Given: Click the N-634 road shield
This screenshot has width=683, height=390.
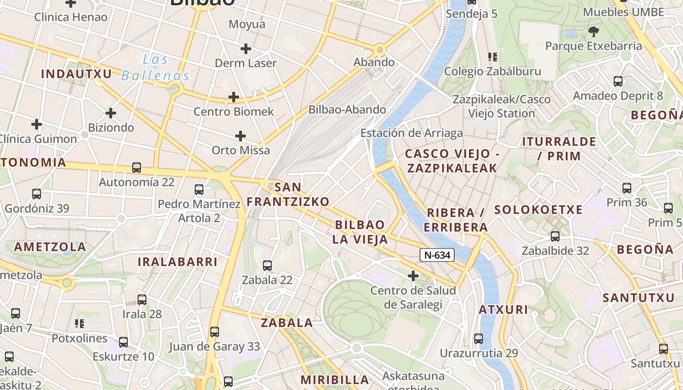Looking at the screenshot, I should (437, 254).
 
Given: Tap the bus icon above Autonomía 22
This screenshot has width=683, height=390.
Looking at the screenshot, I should (137, 168).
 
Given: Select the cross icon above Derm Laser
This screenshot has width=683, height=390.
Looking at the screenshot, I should (246, 48).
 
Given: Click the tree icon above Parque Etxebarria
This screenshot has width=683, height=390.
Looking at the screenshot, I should (594, 32).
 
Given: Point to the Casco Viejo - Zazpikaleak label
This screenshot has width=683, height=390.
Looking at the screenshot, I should (451, 161).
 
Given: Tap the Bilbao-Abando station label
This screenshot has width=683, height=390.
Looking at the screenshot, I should (347, 110).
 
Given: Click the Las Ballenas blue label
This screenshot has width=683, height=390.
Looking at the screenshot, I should (155, 68).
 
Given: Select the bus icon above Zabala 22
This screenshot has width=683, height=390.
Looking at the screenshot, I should (267, 266).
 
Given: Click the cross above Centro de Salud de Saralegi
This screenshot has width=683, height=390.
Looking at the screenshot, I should (413, 276).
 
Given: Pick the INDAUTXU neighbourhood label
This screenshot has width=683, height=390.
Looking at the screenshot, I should (77, 74).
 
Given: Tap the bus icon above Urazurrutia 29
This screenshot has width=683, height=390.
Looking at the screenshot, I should (479, 338).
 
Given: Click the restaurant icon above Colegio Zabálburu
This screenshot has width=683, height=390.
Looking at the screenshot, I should (493, 57).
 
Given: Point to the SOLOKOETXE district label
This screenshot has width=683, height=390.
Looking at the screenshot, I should (539, 210).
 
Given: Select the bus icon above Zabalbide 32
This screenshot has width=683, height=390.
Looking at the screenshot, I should (555, 236).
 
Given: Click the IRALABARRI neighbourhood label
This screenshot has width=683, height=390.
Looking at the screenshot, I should (177, 262).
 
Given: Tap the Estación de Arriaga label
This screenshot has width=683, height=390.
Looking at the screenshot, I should (411, 133).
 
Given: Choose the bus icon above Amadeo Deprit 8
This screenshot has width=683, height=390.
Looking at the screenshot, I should (618, 81).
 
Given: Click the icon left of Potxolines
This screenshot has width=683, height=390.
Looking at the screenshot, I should (80, 323).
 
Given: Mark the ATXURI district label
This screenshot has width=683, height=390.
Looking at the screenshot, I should (503, 310).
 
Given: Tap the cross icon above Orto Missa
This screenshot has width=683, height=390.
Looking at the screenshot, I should (240, 136).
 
